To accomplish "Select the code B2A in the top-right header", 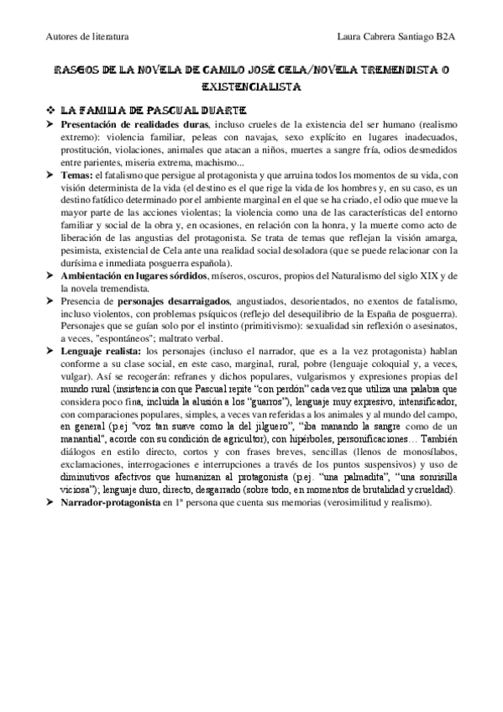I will [x=445, y=37].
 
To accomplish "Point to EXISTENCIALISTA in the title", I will [x=250, y=86].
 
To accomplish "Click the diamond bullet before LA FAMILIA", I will [x=51, y=110].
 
